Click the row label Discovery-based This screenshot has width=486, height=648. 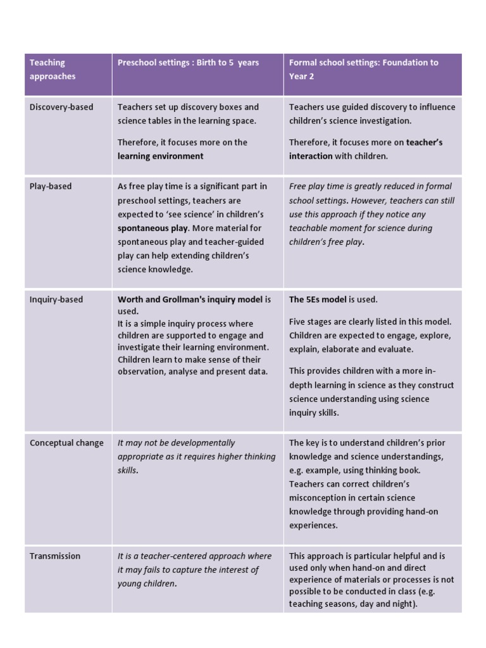point(61,107)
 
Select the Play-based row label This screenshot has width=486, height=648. point(51,186)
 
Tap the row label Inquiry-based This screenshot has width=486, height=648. point(56,299)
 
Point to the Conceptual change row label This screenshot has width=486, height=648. point(66,443)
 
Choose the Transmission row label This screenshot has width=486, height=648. point(55,556)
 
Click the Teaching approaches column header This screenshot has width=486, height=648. point(53,70)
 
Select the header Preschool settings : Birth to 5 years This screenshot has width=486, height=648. point(188,63)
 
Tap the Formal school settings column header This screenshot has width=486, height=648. point(363,69)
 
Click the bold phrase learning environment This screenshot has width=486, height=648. point(161,156)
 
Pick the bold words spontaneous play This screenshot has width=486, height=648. point(153,228)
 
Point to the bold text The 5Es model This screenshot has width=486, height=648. point(318,299)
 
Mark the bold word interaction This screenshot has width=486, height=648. point(311,156)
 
